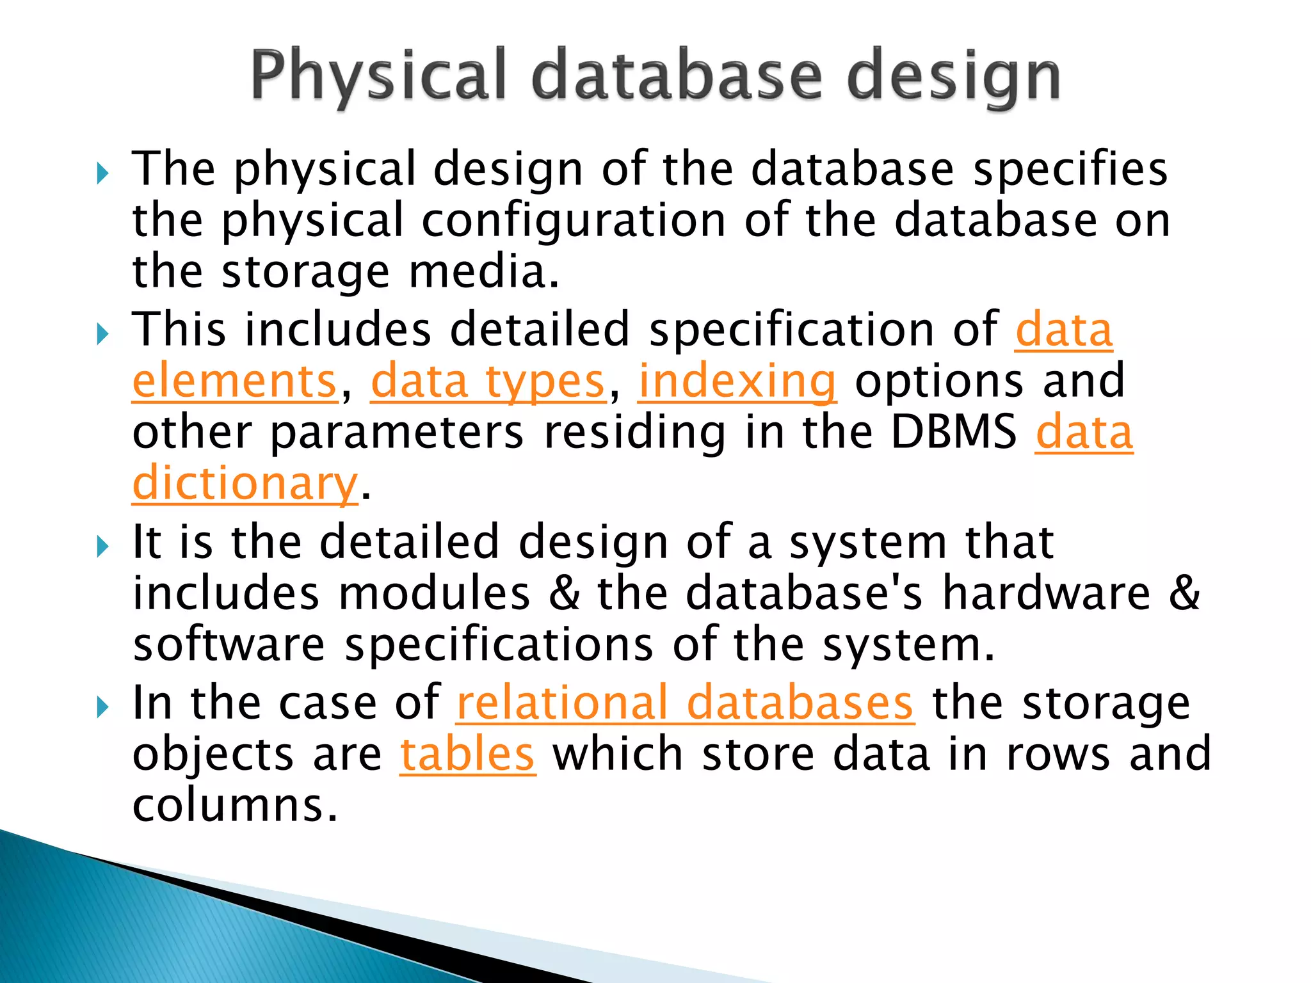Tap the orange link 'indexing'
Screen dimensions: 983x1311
737,381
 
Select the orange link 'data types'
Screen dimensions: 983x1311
488,381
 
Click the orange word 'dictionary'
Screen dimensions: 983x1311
245,484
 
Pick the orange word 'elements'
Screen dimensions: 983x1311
234,381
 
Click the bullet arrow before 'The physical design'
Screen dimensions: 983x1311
102,173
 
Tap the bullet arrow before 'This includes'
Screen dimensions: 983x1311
102,334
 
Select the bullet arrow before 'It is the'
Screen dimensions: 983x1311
102,547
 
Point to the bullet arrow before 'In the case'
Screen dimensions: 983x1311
102,707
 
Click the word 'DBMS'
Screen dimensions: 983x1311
953,433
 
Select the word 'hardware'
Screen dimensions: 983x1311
1046,593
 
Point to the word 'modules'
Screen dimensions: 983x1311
434,593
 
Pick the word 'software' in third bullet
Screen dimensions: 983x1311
229,644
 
